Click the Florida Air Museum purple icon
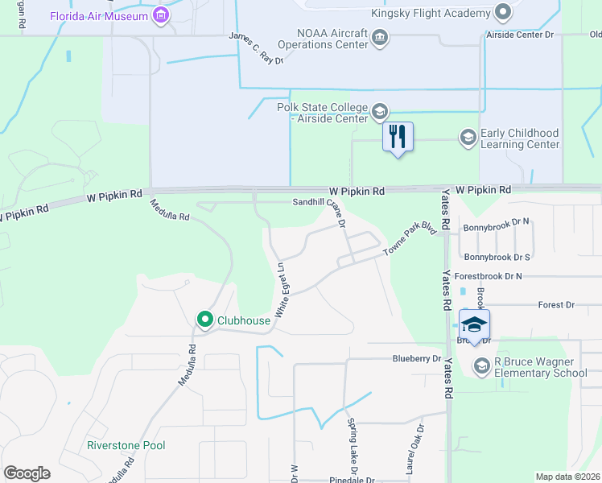(161, 15)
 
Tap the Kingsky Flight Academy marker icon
(503, 13)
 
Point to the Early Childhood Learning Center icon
(468, 138)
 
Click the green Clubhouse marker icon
(205, 320)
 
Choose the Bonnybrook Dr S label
(497, 257)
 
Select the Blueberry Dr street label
(417, 358)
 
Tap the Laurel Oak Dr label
(413, 449)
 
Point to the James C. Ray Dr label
(257, 47)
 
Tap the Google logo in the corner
(27, 473)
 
